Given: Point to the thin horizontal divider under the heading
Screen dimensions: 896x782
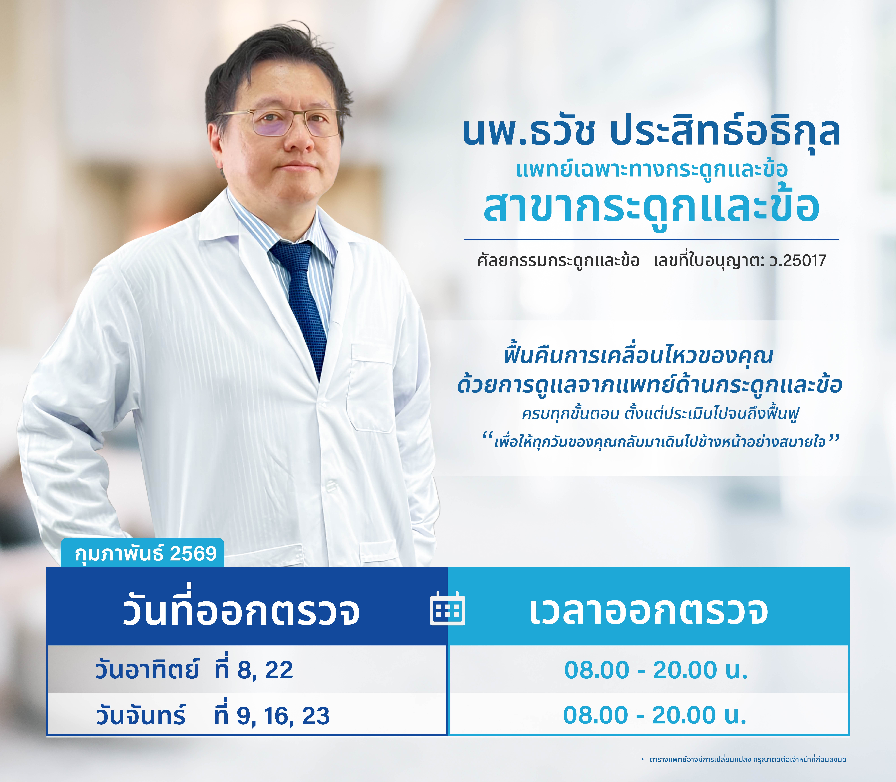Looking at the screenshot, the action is tap(652, 240).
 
